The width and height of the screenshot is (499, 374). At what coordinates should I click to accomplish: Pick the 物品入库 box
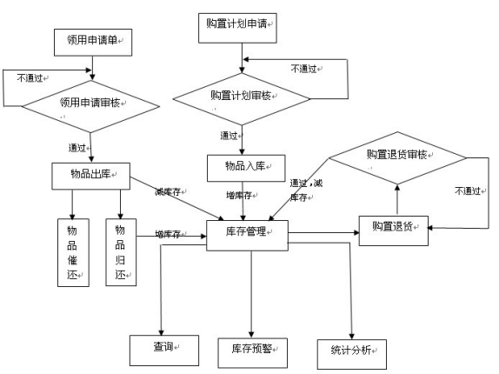242,165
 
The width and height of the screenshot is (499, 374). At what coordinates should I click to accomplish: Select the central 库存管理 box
247,231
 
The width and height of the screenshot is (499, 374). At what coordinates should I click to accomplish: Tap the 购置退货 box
393,229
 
